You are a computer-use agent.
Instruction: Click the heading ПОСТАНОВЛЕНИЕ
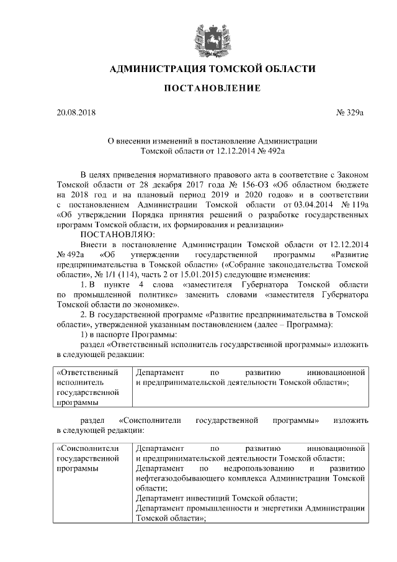(212, 89)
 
